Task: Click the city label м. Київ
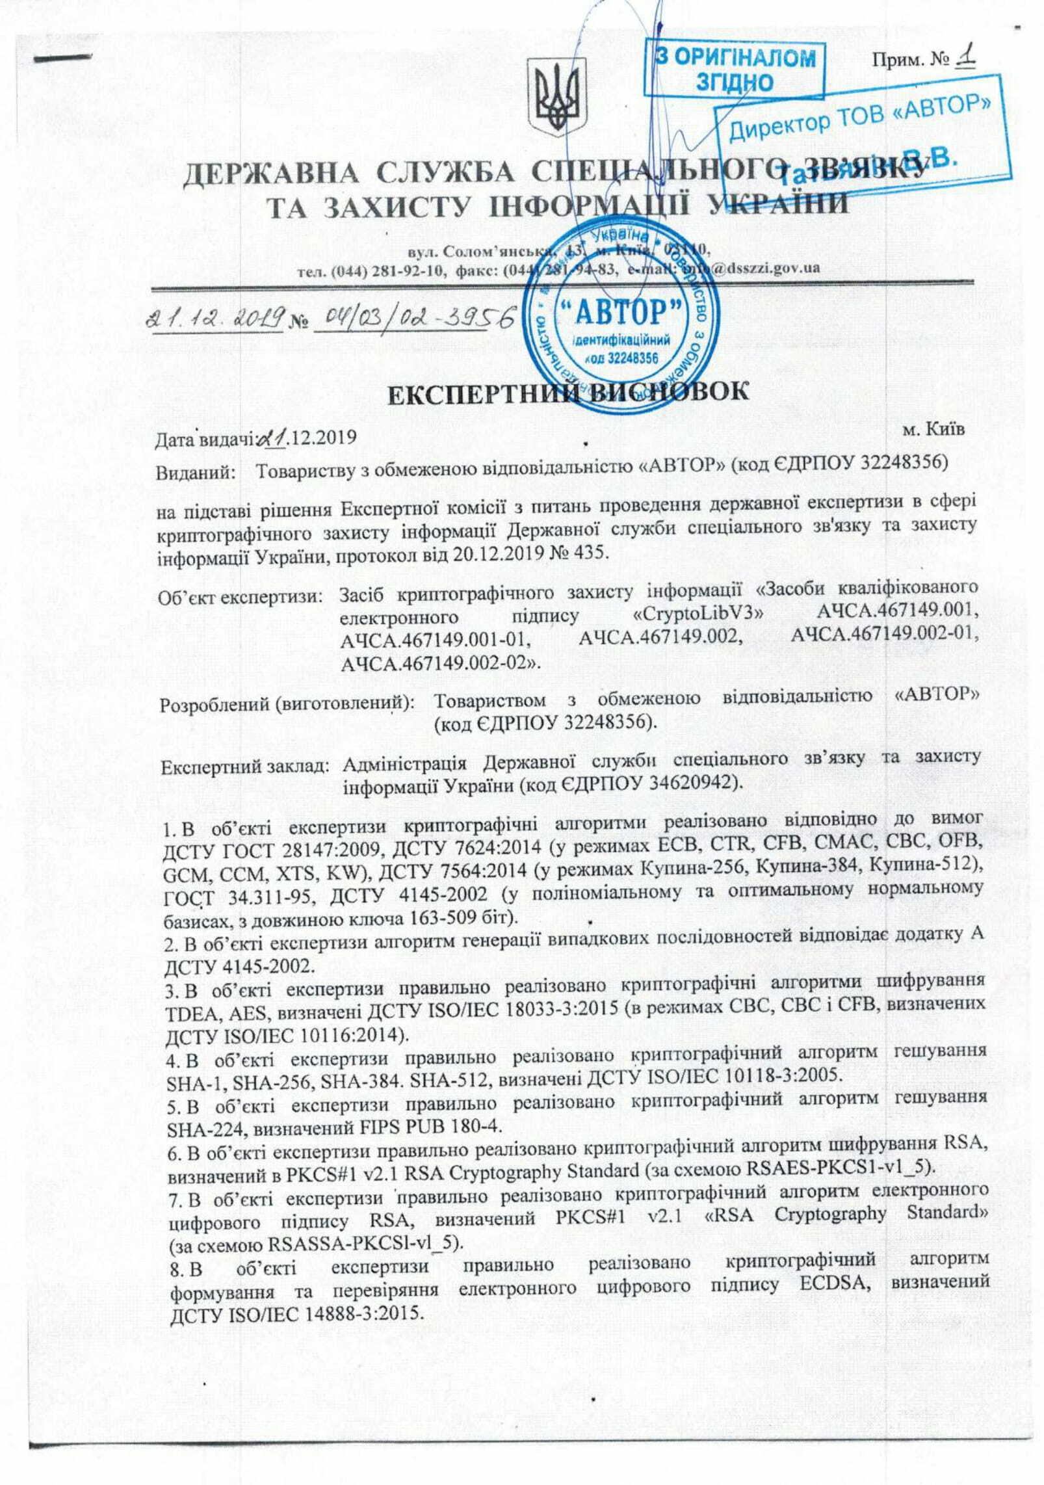pyautogui.click(x=933, y=429)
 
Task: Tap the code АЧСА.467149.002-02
pyautogui.click(x=441, y=663)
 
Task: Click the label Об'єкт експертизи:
pyautogui.click(x=241, y=596)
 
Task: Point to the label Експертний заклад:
pyautogui.click(x=244, y=767)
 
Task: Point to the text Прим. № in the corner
pyautogui.click(x=910, y=61)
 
